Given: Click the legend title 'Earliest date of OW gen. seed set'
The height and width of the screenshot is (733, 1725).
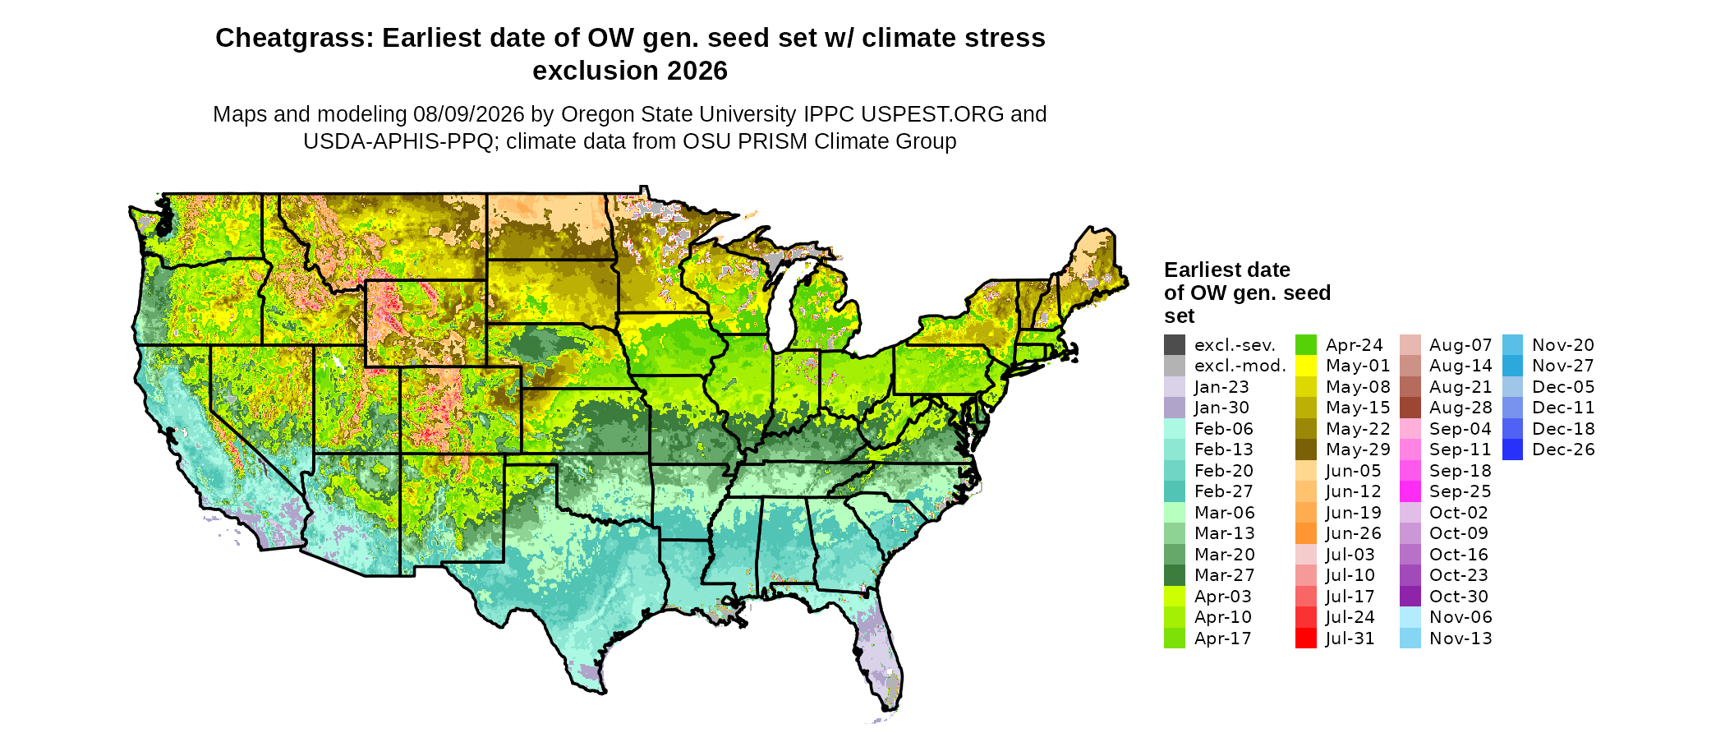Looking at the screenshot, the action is coord(1247,293).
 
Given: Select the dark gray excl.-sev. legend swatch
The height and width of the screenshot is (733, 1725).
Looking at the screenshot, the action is coord(1175,345).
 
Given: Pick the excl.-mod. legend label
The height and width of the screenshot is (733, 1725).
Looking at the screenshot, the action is coord(1240,366).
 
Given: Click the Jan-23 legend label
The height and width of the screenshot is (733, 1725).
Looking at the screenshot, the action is coord(1221,387).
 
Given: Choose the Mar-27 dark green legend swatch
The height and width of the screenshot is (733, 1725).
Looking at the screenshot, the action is coord(1175,575).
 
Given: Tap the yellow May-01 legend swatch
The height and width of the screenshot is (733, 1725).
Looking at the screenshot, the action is coord(1306,366).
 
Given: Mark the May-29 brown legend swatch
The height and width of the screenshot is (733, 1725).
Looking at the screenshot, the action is coord(1306,449).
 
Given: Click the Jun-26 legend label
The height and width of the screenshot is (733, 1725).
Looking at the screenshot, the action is coord(1354,533).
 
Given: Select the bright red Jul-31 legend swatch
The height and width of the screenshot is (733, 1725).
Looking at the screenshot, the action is coord(1306,638).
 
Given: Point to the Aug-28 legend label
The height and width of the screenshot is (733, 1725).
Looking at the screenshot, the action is coord(1460,408).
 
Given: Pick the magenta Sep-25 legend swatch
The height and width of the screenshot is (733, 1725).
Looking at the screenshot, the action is coord(1410,491).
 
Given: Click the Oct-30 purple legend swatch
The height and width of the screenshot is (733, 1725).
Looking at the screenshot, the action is coord(1410,596).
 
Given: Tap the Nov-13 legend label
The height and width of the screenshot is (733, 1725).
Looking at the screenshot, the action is coord(1460,638).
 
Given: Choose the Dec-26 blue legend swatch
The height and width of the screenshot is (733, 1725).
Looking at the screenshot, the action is coord(1512,449).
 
